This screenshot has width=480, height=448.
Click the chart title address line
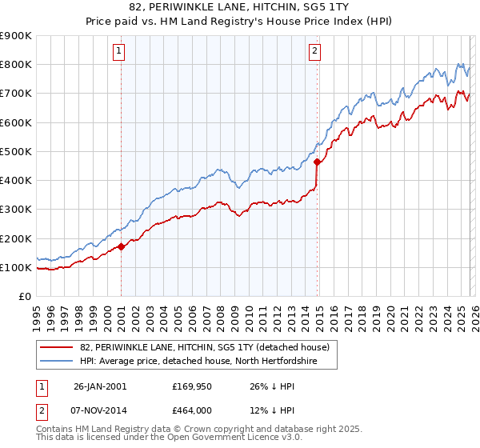pyautogui.click(x=239, y=7)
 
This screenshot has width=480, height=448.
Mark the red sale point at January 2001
pyautogui.click(x=121, y=247)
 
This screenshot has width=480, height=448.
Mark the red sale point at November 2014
pyautogui.click(x=318, y=162)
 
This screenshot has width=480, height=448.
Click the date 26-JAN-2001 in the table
pyautogui.click(x=101, y=386)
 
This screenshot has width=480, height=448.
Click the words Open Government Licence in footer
pyautogui.click(x=219, y=439)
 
